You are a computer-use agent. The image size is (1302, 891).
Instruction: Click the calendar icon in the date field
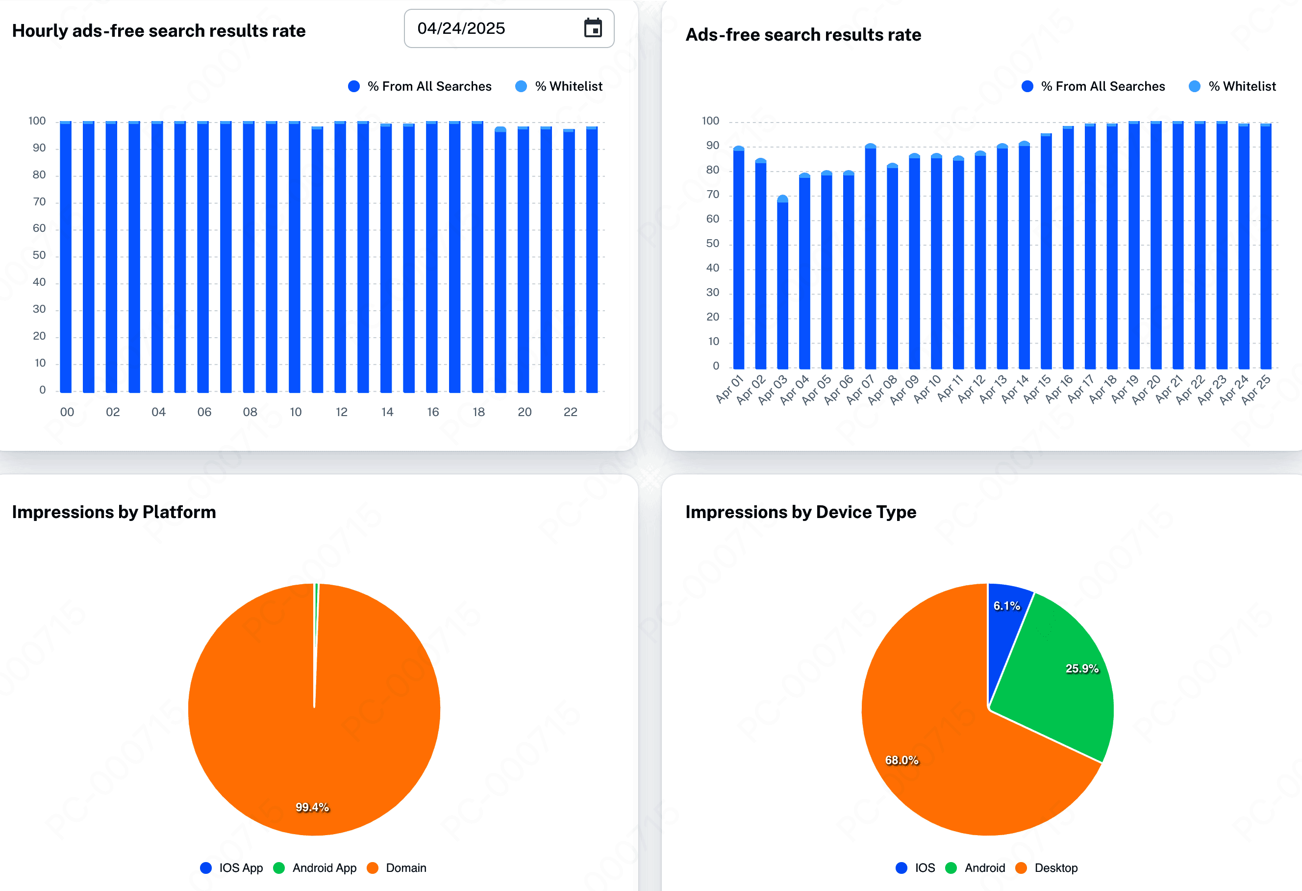click(593, 28)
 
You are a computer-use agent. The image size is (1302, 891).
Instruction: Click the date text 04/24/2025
click(461, 28)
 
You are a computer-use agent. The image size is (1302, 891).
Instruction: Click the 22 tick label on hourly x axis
click(570, 412)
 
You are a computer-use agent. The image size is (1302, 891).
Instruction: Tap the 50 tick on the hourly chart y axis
click(39, 255)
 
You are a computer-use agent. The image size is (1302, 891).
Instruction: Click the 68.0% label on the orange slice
click(901, 760)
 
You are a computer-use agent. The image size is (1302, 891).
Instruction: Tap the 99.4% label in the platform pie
click(312, 807)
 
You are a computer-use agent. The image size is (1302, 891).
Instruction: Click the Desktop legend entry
click(1055, 868)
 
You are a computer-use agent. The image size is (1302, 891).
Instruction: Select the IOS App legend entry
click(240, 868)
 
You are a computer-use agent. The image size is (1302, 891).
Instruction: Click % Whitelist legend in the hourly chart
click(568, 86)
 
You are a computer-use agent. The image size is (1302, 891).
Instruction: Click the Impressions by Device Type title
click(801, 512)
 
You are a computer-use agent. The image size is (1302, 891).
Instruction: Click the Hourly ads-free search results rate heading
click(158, 31)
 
